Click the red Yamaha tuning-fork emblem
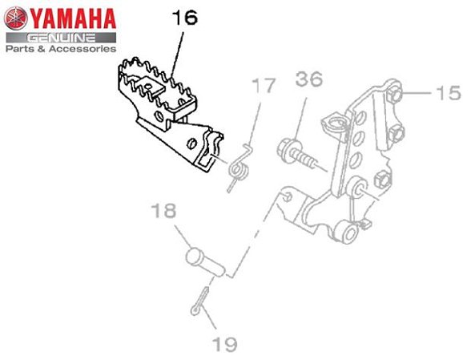(16, 18)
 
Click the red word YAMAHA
(73, 18)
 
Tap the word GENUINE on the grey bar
(61, 38)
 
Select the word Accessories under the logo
(83, 49)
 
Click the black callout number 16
(185, 18)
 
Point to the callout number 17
(264, 85)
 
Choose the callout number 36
(309, 79)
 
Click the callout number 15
(449, 92)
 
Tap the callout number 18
(163, 211)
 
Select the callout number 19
(224, 344)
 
